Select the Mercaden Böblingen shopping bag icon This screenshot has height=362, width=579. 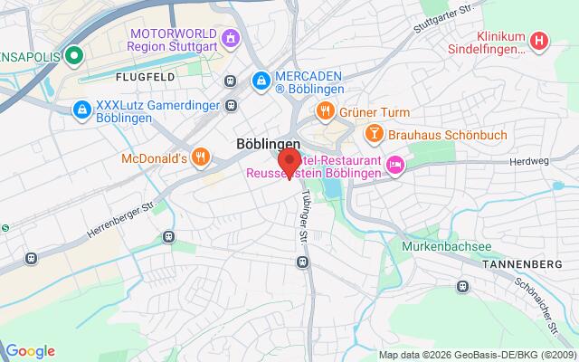tap(261, 81)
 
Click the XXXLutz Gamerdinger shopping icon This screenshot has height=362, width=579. tap(81, 110)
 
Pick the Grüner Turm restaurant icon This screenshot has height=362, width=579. tap(325, 111)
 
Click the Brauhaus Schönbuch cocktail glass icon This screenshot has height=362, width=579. tap(373, 134)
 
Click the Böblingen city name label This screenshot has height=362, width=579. tap(268, 143)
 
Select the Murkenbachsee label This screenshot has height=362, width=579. tap(440, 245)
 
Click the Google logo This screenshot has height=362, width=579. tap(30, 351)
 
